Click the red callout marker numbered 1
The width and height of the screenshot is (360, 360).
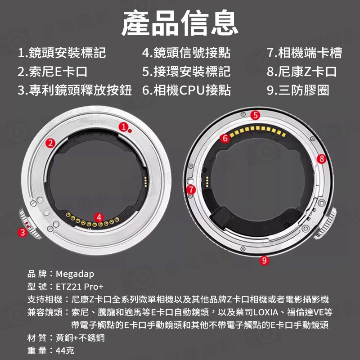tap(123, 127)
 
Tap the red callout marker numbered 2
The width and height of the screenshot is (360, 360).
tap(50, 143)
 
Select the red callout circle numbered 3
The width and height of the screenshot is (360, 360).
tap(22, 232)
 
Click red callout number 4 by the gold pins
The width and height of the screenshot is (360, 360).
tap(99, 217)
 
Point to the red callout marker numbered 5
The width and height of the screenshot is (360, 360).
tap(255, 115)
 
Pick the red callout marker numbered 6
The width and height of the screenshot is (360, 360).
tap(225, 138)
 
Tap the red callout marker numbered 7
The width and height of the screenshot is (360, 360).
tap(191, 189)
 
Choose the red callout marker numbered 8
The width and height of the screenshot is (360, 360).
tap(322, 159)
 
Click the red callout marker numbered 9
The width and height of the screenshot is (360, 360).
tap(264, 261)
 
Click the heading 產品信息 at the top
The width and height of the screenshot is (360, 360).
tap(180, 23)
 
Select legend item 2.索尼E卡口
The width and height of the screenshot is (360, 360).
tap(53, 72)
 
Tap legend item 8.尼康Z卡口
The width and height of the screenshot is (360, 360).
tap(302, 72)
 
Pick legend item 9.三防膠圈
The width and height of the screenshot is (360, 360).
tap(298, 90)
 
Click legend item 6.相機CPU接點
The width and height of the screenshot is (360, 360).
tap(186, 90)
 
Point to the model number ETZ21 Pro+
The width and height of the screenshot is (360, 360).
tap(80, 287)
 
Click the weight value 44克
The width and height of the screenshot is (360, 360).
tap(65, 351)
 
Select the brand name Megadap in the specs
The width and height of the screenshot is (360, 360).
tap(75, 274)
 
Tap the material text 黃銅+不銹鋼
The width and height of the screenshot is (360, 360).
tap(80, 338)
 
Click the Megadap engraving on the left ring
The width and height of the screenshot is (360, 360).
tap(94, 121)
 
